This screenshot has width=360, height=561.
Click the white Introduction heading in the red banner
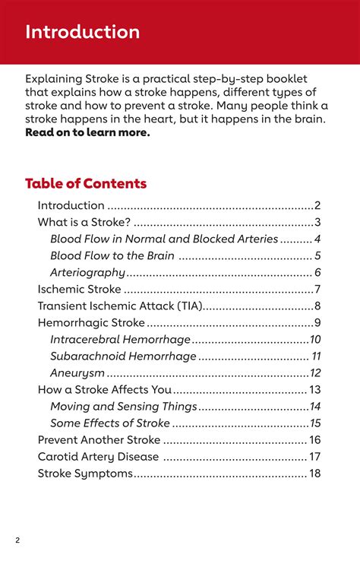pos(82,32)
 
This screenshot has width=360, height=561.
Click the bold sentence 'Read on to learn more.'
pos(87,132)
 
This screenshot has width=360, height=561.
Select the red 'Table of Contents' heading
pos(86,183)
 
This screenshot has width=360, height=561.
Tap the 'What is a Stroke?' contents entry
pos(84,222)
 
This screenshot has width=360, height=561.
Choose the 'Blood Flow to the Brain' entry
pos(112,255)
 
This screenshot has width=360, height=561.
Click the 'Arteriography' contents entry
pos(87,272)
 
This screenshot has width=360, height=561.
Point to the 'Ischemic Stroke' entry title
pos(79,289)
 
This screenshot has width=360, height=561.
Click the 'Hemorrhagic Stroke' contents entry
pos(90,322)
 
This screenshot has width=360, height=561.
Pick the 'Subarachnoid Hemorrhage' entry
pos(123,356)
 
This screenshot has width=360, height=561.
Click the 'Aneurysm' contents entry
pos(77,372)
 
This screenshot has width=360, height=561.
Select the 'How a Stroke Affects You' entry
pos(105,389)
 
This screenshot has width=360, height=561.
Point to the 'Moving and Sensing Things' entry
pos(123,406)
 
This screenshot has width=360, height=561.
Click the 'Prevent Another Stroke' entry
pos(99,439)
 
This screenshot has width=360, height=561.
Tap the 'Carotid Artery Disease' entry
pos(98,456)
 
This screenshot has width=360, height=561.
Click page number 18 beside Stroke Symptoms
pos(314,473)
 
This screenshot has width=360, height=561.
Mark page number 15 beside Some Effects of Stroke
pos(315,423)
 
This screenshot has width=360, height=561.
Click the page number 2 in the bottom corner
pos(17,540)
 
